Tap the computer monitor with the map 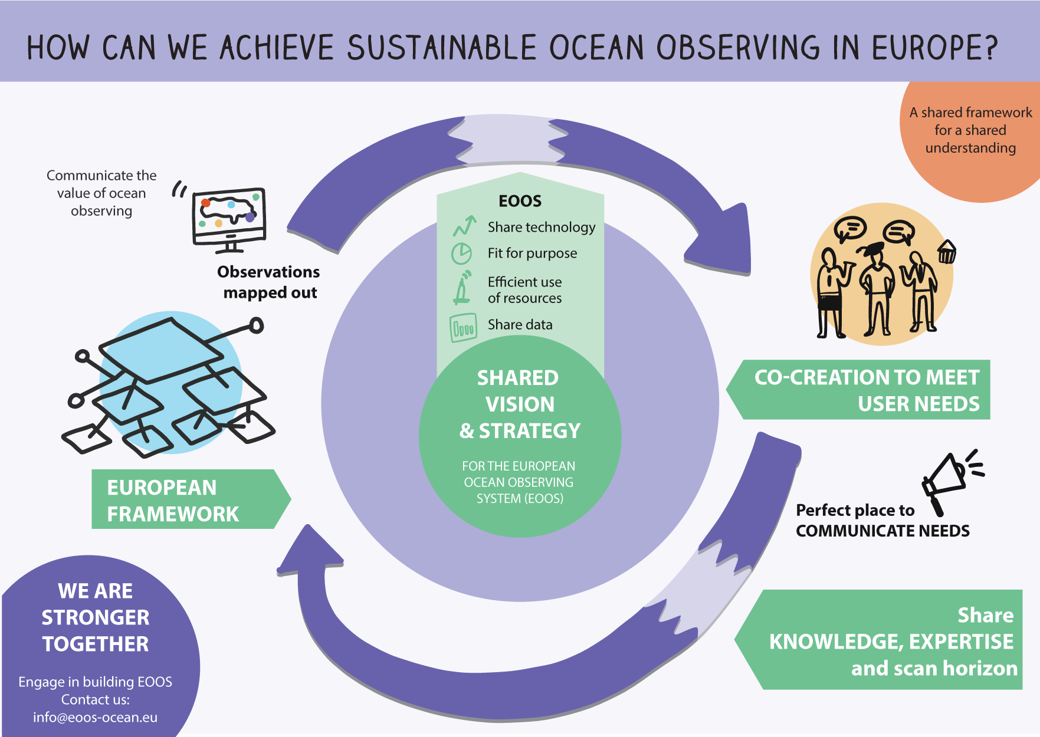tap(229, 219)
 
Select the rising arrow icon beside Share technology tap(465, 226)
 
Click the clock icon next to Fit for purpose tap(461, 254)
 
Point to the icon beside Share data tap(463, 328)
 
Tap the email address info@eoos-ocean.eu tap(96, 718)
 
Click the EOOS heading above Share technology tap(520, 201)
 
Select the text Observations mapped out tap(269, 282)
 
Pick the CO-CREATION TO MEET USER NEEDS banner tap(858, 390)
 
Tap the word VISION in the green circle tap(520, 404)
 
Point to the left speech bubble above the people tap(850, 228)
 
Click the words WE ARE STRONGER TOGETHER tap(96, 617)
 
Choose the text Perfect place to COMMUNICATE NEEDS tap(882, 521)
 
